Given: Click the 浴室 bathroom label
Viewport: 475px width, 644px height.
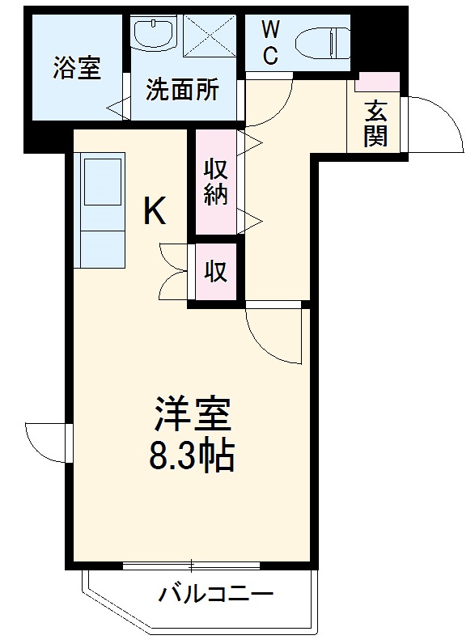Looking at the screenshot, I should pyautogui.click(x=78, y=69).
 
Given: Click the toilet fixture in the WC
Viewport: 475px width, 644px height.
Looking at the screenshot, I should pyautogui.click(x=321, y=40).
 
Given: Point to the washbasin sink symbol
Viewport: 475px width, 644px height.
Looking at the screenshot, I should pyautogui.click(x=154, y=34).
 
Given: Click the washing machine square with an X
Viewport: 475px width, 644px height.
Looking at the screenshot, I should pyautogui.click(x=209, y=34).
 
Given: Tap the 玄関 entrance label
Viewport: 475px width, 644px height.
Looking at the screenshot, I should pyautogui.click(x=374, y=122).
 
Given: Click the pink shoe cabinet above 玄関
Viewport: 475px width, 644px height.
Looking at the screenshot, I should pyautogui.click(x=377, y=81).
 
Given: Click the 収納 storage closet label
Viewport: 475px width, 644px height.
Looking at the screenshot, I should pyautogui.click(x=214, y=183).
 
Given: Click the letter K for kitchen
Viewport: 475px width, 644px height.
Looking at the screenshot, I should pyautogui.click(x=155, y=212).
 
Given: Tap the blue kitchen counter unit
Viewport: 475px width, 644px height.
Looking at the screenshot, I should pyautogui.click(x=101, y=210).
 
